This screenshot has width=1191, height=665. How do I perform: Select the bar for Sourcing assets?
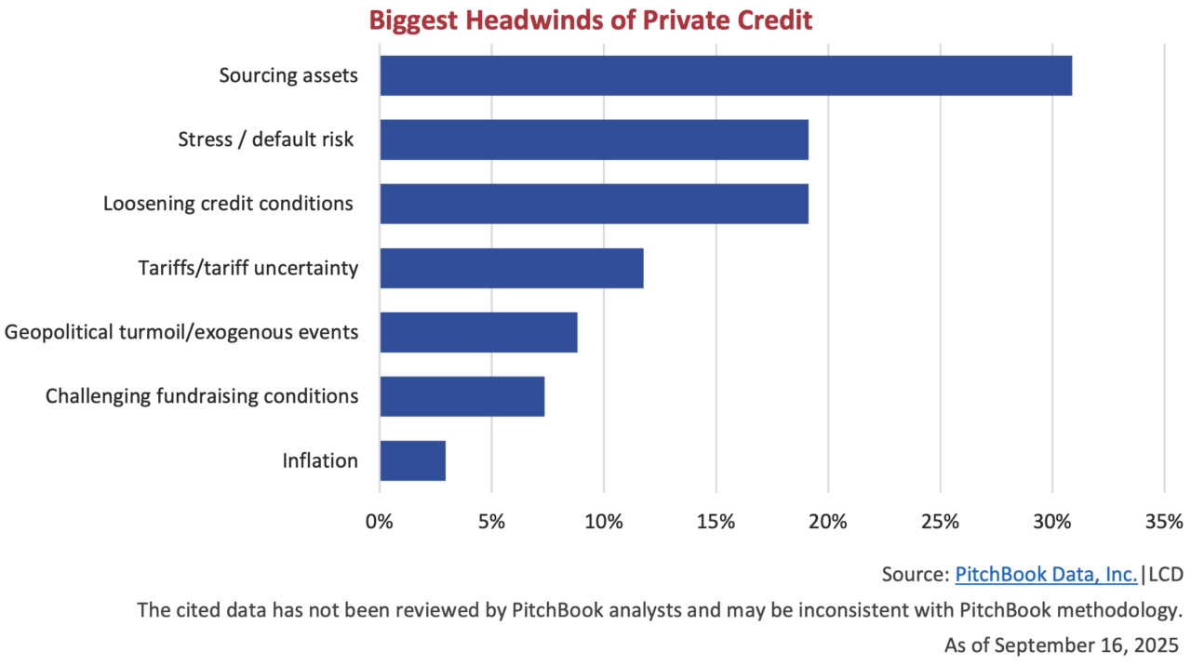coord(726,75)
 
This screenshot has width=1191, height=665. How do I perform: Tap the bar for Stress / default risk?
coord(594,140)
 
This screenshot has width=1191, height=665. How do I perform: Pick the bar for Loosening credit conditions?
coord(594,204)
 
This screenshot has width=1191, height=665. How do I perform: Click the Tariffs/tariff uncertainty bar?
coord(512,268)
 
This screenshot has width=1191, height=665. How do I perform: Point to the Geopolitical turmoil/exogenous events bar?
coord(478,332)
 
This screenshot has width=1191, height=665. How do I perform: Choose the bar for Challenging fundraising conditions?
coord(462,396)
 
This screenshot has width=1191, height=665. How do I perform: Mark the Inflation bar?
coord(412,460)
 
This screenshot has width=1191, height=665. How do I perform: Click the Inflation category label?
coord(320,460)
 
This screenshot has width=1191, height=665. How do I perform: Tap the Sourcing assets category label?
coord(288,75)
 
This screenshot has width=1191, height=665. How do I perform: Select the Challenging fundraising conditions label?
coord(202,396)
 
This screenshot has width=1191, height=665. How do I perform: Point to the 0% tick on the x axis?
coord(380,521)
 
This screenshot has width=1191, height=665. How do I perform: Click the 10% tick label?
coord(604,521)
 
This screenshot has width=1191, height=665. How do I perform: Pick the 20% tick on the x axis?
coord(828,521)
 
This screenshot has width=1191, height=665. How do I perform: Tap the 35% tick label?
coord(1164,521)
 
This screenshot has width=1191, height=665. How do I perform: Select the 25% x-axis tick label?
coord(940,521)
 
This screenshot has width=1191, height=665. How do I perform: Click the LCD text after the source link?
coord(1166,575)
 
